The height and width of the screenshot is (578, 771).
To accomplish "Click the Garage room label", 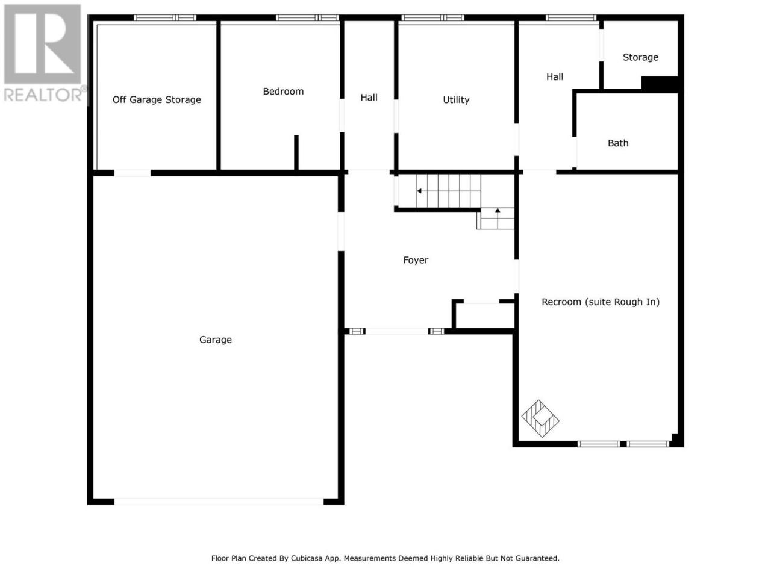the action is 215,340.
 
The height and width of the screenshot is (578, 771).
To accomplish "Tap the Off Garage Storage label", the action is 157,100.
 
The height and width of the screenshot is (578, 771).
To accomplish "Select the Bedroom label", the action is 283,92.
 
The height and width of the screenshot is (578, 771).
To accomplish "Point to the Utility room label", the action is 456,100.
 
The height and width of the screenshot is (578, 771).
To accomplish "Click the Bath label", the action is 618,143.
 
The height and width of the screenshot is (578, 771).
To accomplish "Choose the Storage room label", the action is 640,57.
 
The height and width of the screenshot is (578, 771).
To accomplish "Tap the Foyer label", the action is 416,260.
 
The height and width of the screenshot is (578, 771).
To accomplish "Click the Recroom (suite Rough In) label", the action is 601,302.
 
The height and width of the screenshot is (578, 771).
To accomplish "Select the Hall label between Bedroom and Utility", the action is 369,98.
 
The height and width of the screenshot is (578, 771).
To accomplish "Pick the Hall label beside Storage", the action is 555,77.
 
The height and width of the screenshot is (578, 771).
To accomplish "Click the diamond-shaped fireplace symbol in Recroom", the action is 540,418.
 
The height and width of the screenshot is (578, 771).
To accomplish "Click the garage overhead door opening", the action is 219,502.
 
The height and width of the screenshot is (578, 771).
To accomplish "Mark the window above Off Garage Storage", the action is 164,18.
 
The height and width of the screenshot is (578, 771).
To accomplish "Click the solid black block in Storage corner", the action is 660,84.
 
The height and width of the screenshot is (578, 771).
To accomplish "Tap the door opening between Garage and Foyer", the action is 341,231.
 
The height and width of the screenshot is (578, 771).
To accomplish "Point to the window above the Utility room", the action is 432,18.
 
